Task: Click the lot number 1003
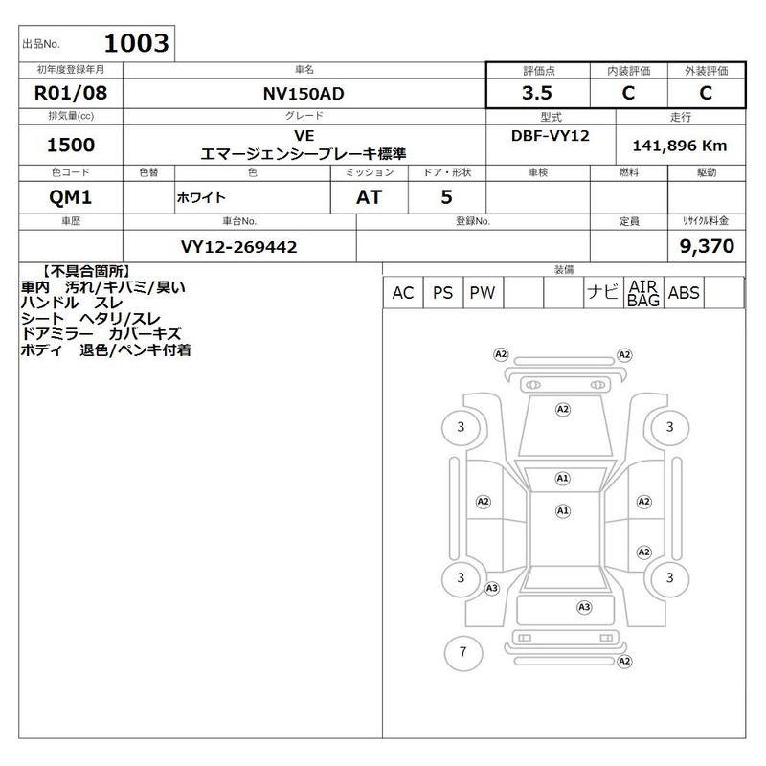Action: pos(136,43)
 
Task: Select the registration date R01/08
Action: pos(71,93)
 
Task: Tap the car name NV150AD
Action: pos(304,93)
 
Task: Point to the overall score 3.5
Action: pos(537,93)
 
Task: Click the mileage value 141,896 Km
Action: pos(680,146)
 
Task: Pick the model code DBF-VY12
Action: pos(550,136)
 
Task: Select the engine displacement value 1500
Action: pos(71,146)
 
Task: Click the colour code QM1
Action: pos(70,197)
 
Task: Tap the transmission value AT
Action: pos(369,197)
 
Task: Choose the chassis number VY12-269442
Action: pos(238,247)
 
